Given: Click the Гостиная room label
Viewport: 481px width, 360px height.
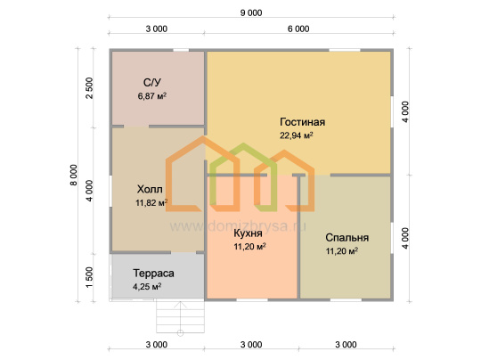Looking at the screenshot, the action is point(302,122).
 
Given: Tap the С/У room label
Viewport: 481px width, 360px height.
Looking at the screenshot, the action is point(151,83).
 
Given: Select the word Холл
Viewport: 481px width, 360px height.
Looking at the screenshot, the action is point(150,189).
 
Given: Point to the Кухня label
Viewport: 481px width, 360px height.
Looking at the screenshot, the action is point(248,233).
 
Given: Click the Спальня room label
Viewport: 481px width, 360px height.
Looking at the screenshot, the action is point(347,238).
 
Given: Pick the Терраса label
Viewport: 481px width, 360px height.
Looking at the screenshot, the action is point(153,274).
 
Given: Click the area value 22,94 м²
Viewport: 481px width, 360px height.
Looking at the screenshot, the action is point(297,135).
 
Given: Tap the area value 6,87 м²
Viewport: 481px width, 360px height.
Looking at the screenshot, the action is point(152,96).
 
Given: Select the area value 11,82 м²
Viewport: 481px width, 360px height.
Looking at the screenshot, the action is point(151,202).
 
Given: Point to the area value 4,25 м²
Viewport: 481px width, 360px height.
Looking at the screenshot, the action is point(147,287).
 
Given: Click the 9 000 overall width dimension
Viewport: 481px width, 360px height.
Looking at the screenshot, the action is point(251,12).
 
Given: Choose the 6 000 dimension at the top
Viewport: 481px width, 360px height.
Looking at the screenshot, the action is point(298,29).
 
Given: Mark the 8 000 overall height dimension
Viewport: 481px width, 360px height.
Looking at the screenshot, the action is point(74,175).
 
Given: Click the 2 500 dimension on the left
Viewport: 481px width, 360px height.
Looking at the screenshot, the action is point(89,88).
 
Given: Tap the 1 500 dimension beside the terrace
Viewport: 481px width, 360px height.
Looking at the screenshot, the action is point(89,277).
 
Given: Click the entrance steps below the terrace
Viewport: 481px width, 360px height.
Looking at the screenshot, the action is point(180,316).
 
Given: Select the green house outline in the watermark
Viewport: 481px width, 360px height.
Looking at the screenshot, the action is point(243,177).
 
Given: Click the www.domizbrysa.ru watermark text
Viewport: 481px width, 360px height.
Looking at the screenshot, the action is point(238,226).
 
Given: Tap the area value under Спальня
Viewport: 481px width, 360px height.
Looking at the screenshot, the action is point(342,251).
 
